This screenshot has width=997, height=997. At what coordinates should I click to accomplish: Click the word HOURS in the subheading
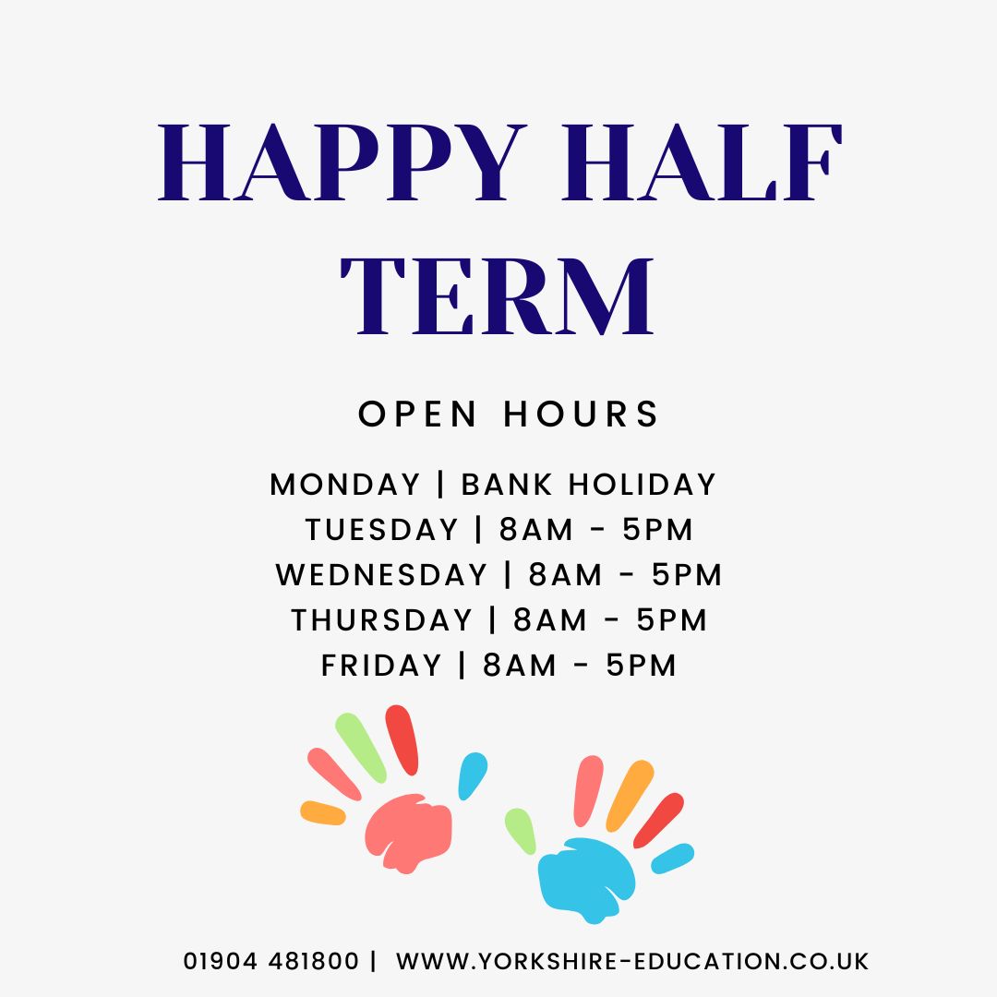tap(582, 414)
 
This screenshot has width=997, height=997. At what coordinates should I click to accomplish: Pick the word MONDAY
tap(345, 485)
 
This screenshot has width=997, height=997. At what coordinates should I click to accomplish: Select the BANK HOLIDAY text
tap(589, 485)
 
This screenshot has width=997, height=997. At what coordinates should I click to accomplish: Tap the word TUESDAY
tap(382, 530)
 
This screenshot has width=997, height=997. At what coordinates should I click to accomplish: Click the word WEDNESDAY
tap(381, 575)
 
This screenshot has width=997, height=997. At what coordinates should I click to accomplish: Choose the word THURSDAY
tap(382, 620)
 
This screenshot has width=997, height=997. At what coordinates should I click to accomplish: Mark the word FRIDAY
tap(382, 666)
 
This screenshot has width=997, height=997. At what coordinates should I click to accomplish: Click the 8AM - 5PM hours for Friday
tap(581, 666)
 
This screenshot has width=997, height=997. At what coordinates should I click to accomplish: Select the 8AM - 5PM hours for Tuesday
tap(596, 530)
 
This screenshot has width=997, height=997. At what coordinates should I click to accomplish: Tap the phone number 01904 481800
tap(271, 961)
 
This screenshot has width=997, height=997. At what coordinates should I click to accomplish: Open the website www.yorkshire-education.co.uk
tap(632, 961)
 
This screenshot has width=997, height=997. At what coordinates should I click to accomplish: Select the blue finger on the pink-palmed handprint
tap(473, 775)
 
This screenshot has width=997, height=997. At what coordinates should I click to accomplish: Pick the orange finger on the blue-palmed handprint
tap(631, 795)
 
